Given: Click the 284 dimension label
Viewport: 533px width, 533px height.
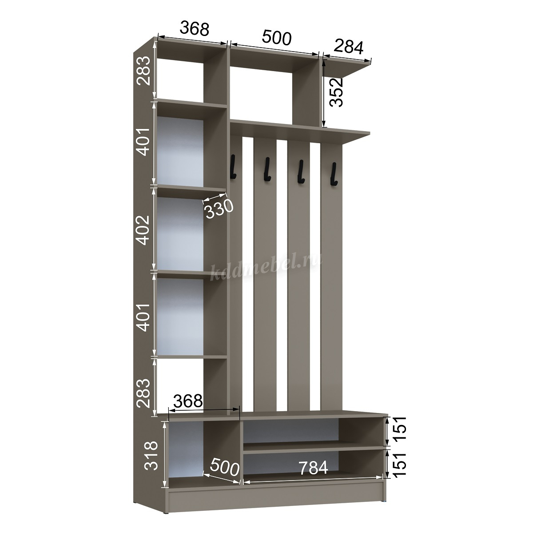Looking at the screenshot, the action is tap(348, 47).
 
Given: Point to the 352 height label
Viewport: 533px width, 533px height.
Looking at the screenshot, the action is tap(336, 92).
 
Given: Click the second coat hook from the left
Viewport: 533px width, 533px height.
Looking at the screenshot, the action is tap(267, 169).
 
